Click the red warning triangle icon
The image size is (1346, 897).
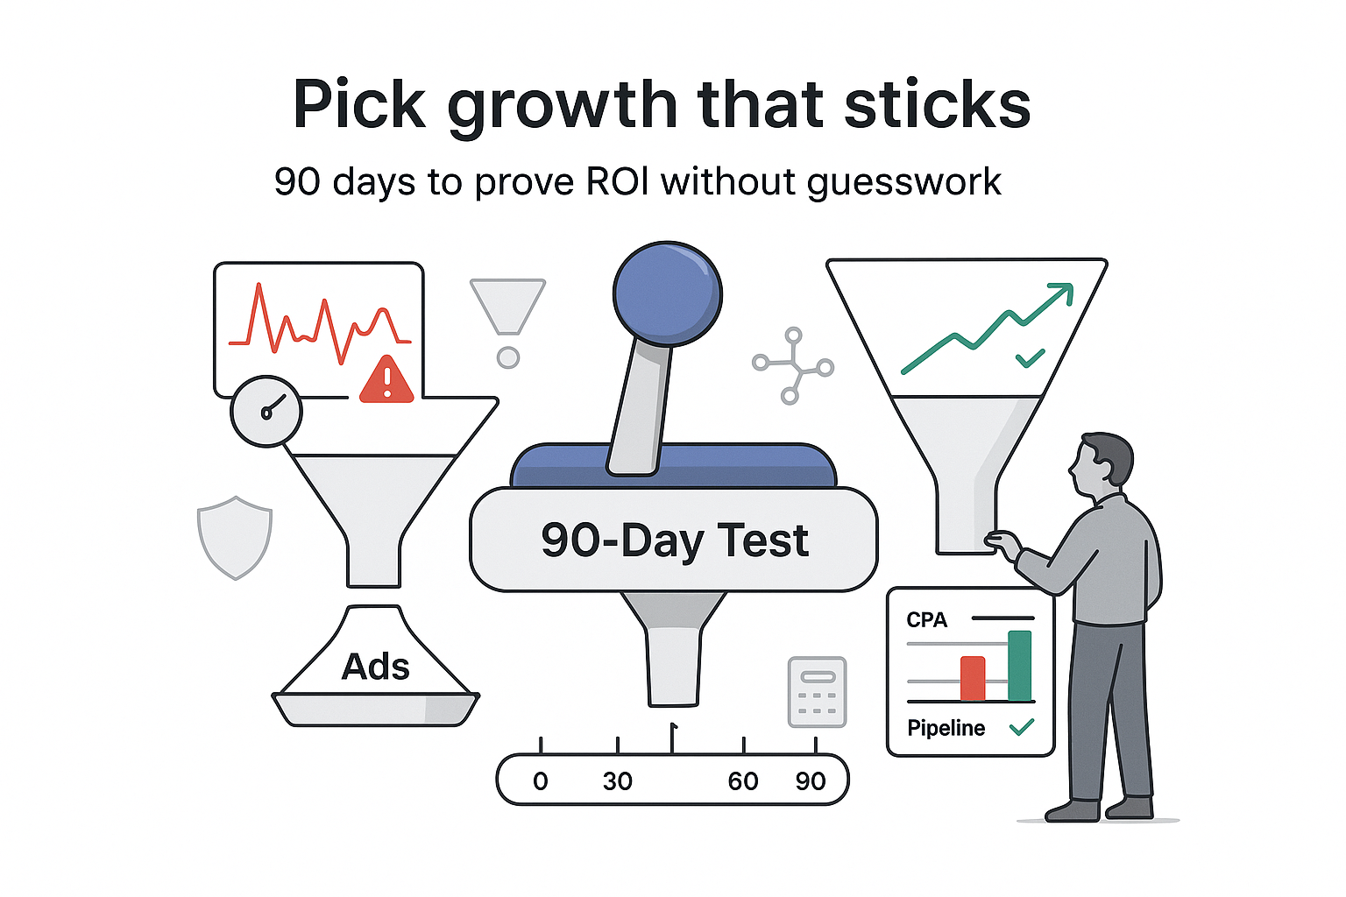[386, 380]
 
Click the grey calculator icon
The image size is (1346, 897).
[818, 692]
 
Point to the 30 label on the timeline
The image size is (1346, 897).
[618, 781]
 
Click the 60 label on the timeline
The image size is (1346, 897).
[743, 781]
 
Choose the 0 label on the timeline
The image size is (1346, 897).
[541, 781]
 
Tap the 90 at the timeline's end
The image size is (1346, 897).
[811, 781]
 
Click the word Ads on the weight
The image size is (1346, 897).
[375, 667]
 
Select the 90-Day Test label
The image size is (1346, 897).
[674, 540]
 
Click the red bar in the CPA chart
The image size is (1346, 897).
[973, 679]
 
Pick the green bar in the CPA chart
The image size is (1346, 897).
[1020, 666]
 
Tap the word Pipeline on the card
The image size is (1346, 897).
[946, 728]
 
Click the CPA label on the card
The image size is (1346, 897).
[926, 620]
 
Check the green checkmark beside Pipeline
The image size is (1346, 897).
[1022, 727]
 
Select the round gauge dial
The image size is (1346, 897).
[266, 411]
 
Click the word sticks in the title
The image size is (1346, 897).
[937, 105]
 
